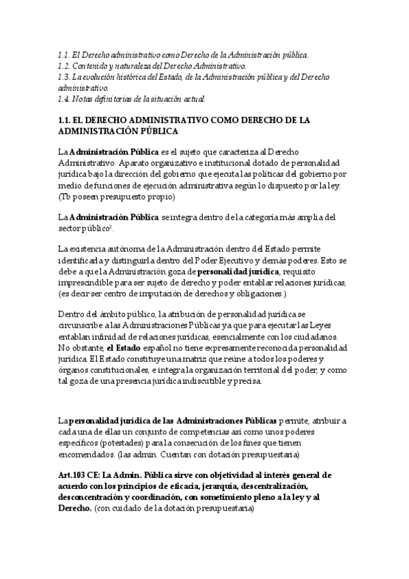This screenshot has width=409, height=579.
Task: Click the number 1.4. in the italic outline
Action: pyautogui.click(x=66, y=99)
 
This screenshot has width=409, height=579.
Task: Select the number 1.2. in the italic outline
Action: pyautogui.click(x=66, y=66)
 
